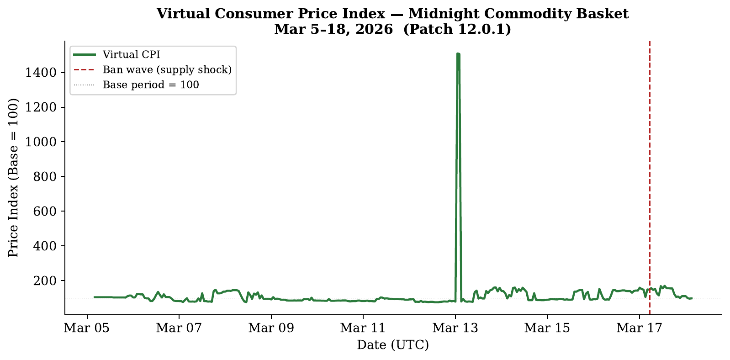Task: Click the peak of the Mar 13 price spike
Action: pos(458,54)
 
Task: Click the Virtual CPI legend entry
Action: pos(131,55)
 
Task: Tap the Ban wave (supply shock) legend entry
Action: pos(167,69)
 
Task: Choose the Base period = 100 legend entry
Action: pos(151,85)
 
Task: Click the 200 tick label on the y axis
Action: pos(47,281)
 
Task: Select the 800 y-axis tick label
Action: pos(47,177)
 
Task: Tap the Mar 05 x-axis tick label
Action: pos(87,328)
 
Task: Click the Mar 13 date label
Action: pos(455,328)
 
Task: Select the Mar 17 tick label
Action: pos(639,328)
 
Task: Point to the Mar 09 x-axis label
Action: pos(271,328)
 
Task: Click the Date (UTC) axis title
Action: pos(393,345)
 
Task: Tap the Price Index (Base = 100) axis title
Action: pos(13,178)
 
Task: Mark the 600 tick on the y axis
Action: pos(47,211)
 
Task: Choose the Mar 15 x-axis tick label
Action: pos(547,328)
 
